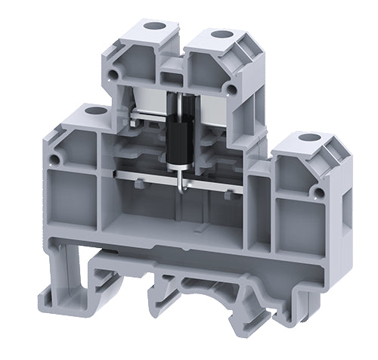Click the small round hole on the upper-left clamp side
115,74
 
